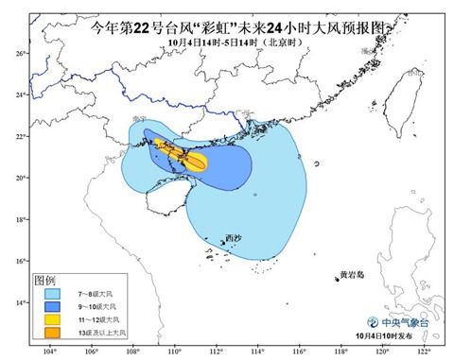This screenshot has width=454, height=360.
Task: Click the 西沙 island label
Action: pyautogui.click(x=234, y=238)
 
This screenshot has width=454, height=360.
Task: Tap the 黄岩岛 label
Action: pyautogui.click(x=353, y=276)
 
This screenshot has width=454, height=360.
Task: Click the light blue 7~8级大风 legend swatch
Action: pyautogui.click(x=48, y=295)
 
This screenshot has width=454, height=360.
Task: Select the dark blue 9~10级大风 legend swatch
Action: pyautogui.click(x=48, y=308)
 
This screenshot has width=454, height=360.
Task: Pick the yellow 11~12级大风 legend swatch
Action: pyautogui.click(x=48, y=321)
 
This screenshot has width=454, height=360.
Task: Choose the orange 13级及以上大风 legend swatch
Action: pyautogui.click(x=48, y=334)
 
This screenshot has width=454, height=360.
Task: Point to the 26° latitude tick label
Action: pyautogui.click(x=18, y=53)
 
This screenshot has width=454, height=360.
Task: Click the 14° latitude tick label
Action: pyautogui.click(x=18, y=302)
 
